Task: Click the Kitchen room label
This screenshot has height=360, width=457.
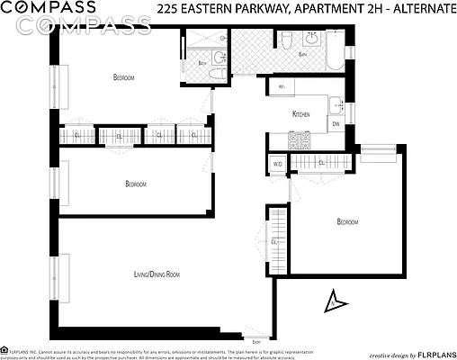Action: pos(302,114)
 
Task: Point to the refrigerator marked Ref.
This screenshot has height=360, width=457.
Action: pos(282,87)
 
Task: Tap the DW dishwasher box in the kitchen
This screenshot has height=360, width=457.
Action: pos(336,124)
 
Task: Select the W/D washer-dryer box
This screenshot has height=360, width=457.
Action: pos(278,164)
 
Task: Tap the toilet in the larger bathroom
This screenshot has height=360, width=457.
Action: pos(284,41)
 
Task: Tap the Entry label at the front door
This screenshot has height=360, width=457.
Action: pos(258,342)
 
